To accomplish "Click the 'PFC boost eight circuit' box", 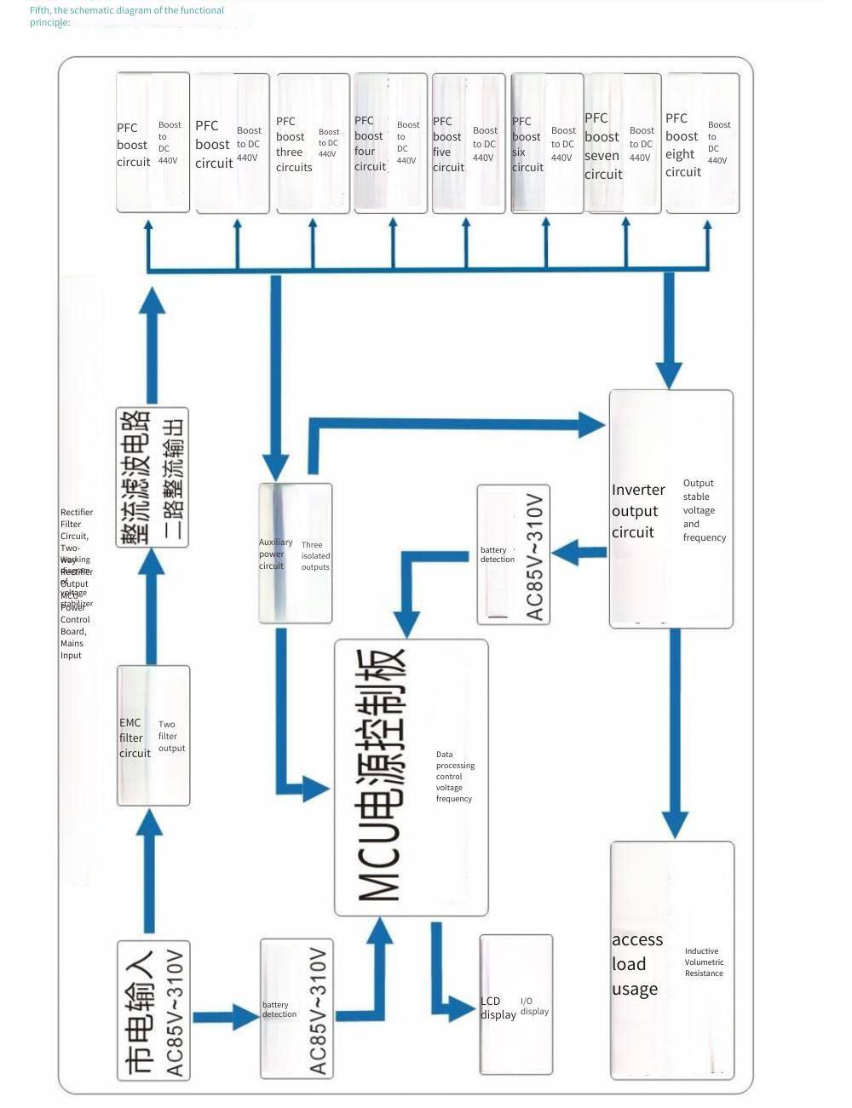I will pos(701,143).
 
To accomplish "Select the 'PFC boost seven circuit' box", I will pos(622,143).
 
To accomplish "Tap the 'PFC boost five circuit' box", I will pos(468,143).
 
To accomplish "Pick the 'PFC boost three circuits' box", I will pos(312,143).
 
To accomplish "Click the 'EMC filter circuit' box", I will pos(153,736).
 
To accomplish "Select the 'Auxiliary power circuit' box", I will pos(295,553).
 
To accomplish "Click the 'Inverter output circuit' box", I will pos(671,509).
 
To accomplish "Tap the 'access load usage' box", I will pos(671,960).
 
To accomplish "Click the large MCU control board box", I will pos(411,778).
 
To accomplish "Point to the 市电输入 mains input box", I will pos(153,1010).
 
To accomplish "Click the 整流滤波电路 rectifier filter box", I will pos(153,477).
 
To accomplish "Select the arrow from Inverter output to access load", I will pos(675,732).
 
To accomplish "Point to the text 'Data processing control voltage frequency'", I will pos(455,777).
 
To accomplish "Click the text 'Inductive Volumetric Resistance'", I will pos(704,962).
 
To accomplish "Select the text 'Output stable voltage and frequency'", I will pos(704,510).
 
